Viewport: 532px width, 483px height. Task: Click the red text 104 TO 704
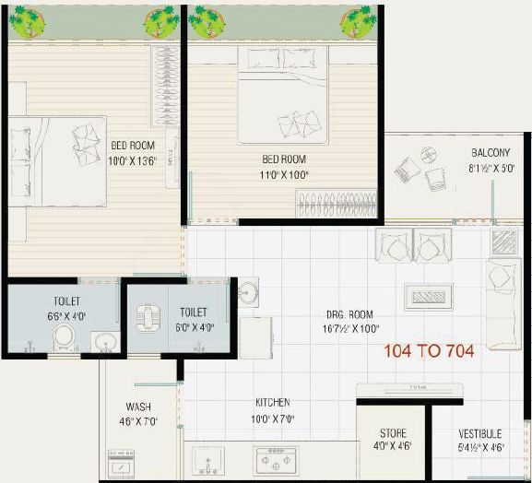point(429,350)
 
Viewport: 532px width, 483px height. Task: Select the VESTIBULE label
point(479,433)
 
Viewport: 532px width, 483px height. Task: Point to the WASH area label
point(138,406)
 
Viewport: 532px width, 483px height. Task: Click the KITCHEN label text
point(272,403)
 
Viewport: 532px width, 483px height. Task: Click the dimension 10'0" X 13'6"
point(133,160)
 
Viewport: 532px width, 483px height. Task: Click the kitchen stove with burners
point(276,458)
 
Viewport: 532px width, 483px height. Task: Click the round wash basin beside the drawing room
point(247,293)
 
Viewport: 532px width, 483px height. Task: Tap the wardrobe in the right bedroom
point(337,203)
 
